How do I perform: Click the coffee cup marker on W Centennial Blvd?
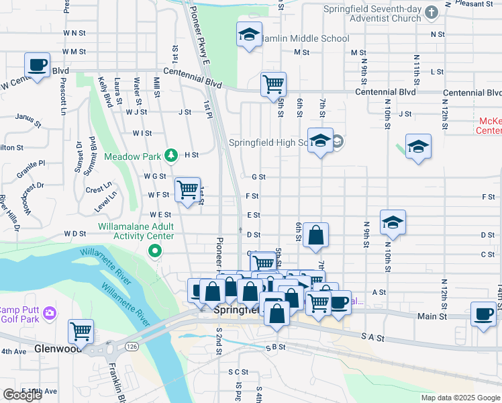tap(38, 65)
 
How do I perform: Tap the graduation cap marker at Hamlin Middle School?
tap(249, 35)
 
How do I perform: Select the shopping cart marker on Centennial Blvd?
tap(273, 84)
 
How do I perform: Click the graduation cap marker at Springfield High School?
tap(320, 140)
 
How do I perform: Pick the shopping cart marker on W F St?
tap(187, 189)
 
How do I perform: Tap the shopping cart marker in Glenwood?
tap(81, 331)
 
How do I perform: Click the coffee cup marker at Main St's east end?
tap(483, 314)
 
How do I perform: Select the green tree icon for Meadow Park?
tap(171, 156)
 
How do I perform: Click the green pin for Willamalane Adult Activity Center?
tap(155, 251)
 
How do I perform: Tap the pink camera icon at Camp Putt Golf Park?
tap(49, 314)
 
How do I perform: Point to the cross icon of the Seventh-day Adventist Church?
tap(432, 13)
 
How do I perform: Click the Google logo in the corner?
tap(22, 395)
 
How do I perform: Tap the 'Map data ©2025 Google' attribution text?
tap(460, 398)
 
